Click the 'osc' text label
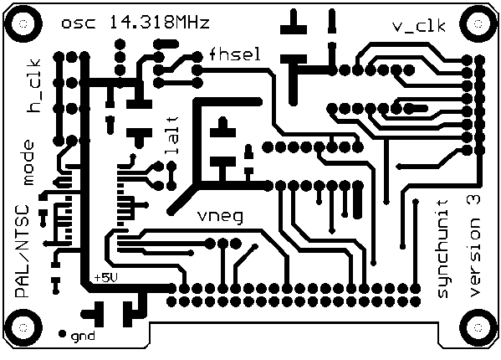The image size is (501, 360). (x=79, y=23)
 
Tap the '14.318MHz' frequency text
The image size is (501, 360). (x=160, y=22)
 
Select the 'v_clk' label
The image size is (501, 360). (x=419, y=26)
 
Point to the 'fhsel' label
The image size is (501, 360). (x=235, y=54)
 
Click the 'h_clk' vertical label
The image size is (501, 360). (x=34, y=85)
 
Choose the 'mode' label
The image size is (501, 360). (x=28, y=162)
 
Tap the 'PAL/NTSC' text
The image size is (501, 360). (x=22, y=251)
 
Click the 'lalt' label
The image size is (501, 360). (x=171, y=136)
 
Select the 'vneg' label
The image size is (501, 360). (x=220, y=217)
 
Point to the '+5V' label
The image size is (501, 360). (x=105, y=278)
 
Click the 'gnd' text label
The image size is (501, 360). (x=83, y=337)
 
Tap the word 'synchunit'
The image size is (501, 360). (x=442, y=249)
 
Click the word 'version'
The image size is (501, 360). (x=474, y=258)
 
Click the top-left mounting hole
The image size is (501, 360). (x=23, y=24)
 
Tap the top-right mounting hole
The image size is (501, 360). (x=478, y=24)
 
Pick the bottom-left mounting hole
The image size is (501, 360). (x=23, y=327)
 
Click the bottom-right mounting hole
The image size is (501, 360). (x=478, y=327)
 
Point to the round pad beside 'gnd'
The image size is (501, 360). (x=62, y=334)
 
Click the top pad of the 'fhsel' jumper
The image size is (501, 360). (x=197, y=57)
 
